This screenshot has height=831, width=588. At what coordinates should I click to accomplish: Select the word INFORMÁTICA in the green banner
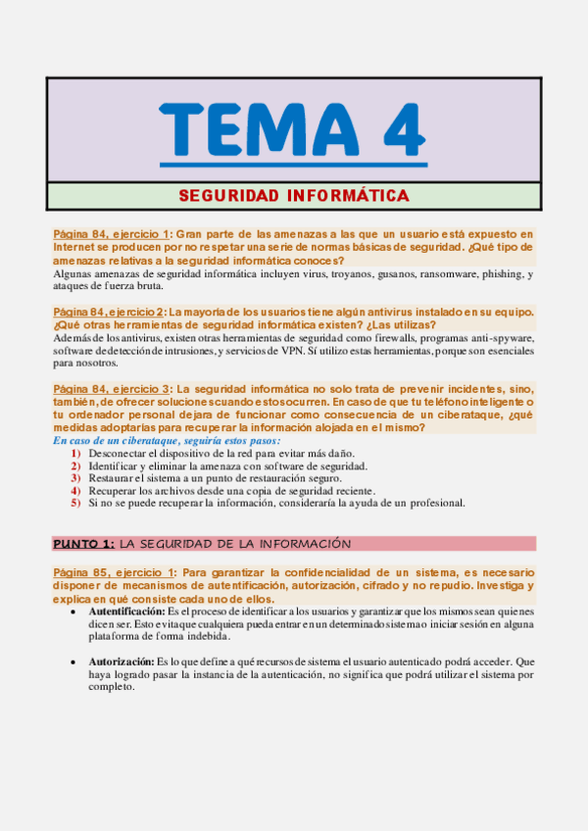click(x=348, y=196)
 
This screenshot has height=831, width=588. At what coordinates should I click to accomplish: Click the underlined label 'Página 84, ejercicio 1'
click(x=112, y=234)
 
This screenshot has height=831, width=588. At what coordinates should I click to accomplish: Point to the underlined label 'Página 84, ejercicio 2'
click(x=111, y=312)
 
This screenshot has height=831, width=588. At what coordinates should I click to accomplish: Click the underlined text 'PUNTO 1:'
click(x=84, y=543)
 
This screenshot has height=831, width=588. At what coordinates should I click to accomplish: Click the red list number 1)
click(x=75, y=454)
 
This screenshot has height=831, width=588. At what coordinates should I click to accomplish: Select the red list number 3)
click(x=75, y=478)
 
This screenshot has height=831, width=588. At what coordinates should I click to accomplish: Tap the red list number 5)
click(x=75, y=503)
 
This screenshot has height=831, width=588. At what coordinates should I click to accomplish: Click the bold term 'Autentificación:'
click(x=126, y=611)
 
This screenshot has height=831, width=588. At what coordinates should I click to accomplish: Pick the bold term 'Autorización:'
click(x=120, y=661)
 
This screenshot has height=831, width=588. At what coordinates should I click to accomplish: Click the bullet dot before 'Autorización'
click(x=76, y=662)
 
